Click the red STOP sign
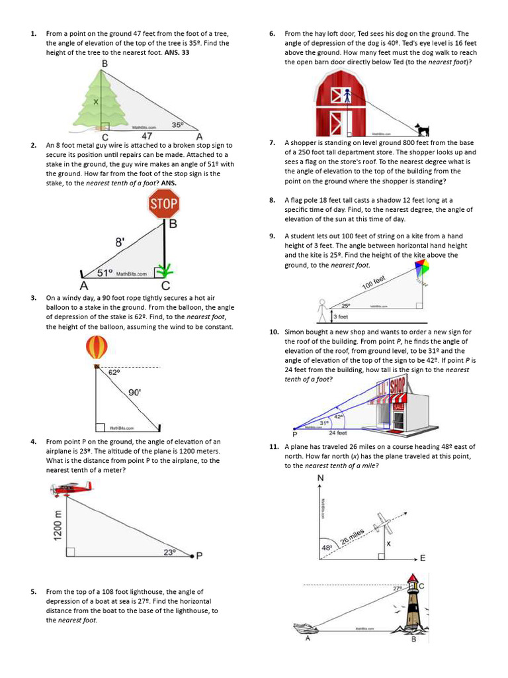pyautogui.click(x=163, y=204)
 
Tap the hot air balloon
pyautogui.click(x=97, y=347)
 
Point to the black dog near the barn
pyautogui.click(x=421, y=129)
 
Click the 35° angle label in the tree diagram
pyautogui.click(x=177, y=124)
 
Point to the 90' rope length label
pyautogui.click(x=134, y=393)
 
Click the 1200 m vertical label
pyautogui.click(x=58, y=524)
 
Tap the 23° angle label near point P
pyautogui.click(x=169, y=552)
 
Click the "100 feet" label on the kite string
pyautogui.click(x=374, y=284)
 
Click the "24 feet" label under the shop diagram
pyautogui.click(x=338, y=433)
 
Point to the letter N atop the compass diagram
pyautogui.click(x=321, y=478)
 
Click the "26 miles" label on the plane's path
pyautogui.click(x=353, y=537)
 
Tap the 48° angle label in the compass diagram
pyautogui.click(x=327, y=549)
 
